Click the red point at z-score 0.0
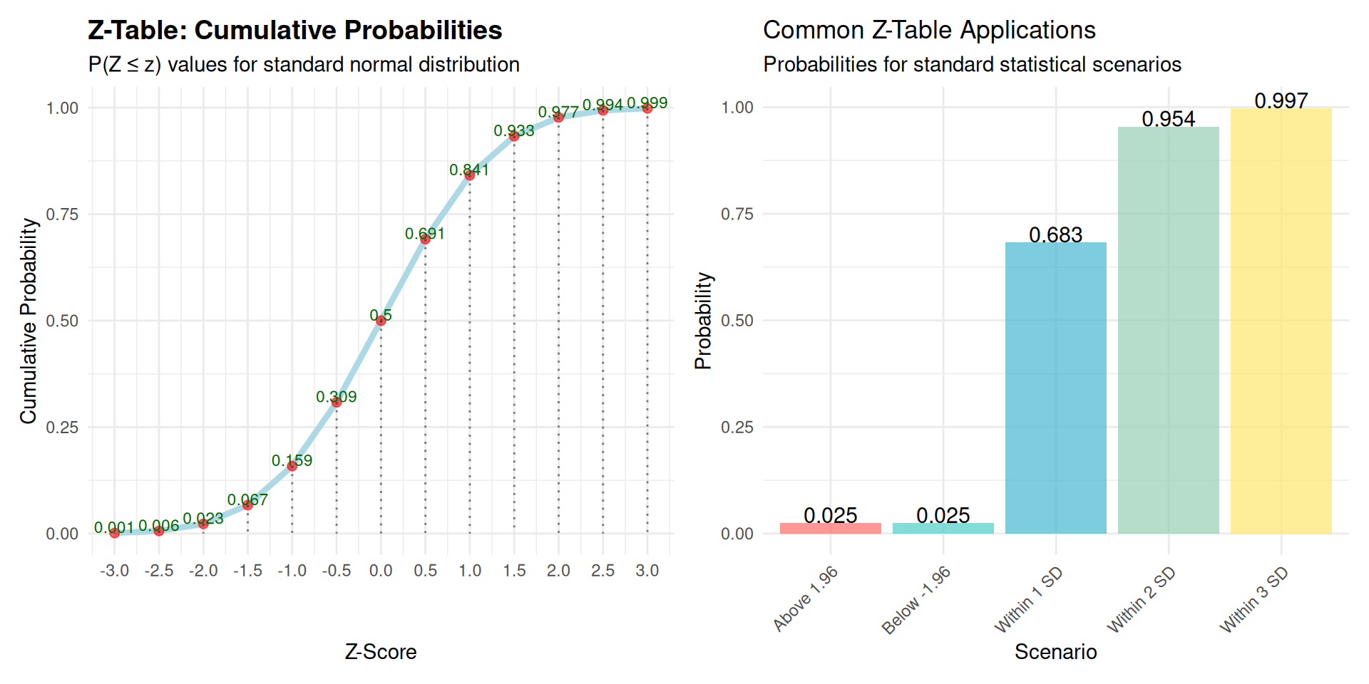pos(381,321)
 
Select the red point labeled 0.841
pos(470,175)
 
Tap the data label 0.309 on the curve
pos(337,397)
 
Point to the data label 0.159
pos(292,460)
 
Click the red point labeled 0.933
pos(514,136)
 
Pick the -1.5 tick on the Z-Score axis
pos(247,571)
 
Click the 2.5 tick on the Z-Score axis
pos(603,571)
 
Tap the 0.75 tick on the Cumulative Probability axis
pos(62,214)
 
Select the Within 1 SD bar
pos(1056,388)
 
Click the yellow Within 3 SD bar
pos(1281,321)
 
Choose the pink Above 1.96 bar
pos(831,528)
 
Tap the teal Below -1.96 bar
pos(943,528)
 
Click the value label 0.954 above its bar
pos(1169,119)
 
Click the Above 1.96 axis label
pos(806,599)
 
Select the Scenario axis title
pos(1055,652)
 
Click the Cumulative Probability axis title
pos(29,321)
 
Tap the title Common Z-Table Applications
pos(929,30)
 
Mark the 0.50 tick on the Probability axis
pos(737,321)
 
